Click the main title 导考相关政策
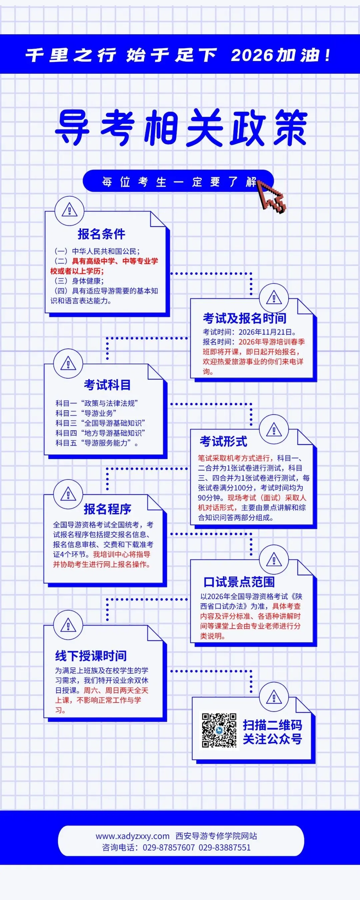(x=181, y=128)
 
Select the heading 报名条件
(x=101, y=234)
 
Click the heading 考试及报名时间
(x=244, y=318)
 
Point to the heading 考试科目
(x=107, y=385)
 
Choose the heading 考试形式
(x=223, y=441)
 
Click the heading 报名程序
(x=107, y=509)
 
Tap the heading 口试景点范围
(x=239, y=582)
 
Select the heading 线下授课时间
(x=91, y=656)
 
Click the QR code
(x=219, y=730)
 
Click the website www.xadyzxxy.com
(x=132, y=836)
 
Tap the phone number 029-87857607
(x=168, y=847)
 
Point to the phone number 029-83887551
(x=224, y=847)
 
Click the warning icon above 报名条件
(x=69, y=211)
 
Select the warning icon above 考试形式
(x=274, y=430)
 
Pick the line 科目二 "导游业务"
(x=86, y=413)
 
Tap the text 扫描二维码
(x=272, y=725)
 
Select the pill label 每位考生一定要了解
(x=178, y=182)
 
